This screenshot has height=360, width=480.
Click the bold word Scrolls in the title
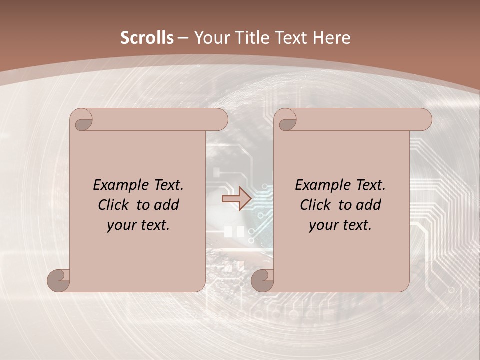[147, 38]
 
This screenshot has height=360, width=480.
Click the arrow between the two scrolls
[236, 198]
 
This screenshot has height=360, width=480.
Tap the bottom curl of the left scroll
[58, 280]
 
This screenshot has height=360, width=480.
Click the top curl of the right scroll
[287, 120]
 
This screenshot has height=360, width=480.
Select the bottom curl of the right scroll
[262, 280]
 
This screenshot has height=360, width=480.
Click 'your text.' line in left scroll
[138, 225]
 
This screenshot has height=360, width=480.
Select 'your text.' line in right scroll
[340, 225]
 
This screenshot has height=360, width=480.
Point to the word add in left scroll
[167, 205]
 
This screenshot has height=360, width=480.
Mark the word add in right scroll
[369, 205]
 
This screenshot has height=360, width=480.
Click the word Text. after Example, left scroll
[166, 185]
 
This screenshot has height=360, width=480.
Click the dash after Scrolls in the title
[183, 38]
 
